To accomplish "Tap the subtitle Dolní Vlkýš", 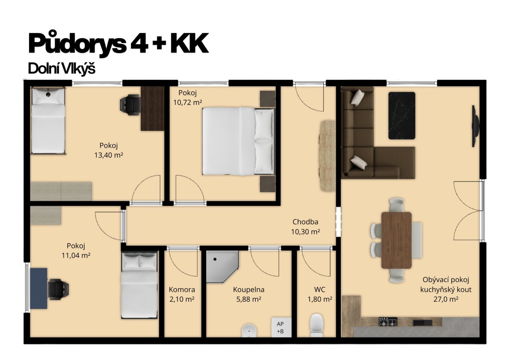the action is (x=62, y=68).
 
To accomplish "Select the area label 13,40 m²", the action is (x=109, y=155).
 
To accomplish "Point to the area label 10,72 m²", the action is (x=188, y=103).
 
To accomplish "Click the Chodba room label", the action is (x=305, y=222).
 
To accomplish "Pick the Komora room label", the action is (x=182, y=290).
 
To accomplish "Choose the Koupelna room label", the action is (x=248, y=290).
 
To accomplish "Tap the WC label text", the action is (x=320, y=290).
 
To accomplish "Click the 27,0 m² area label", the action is (x=446, y=299).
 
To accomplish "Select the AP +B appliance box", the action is (x=281, y=328).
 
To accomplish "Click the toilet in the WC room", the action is (x=317, y=325).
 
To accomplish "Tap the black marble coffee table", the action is (x=401, y=116).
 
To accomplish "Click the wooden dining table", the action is (x=396, y=240).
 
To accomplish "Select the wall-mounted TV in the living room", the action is (x=475, y=126).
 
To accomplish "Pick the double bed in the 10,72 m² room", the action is (x=238, y=141).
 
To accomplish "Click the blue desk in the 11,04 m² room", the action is (x=39, y=288).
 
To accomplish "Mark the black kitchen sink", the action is (x=423, y=323).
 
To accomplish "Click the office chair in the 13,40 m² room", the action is (x=130, y=105).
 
